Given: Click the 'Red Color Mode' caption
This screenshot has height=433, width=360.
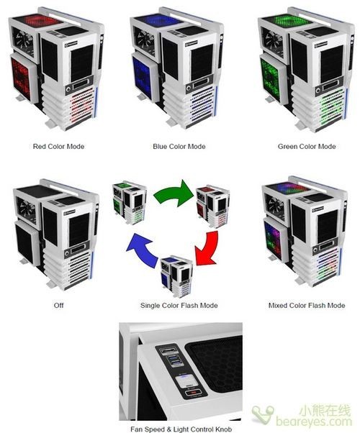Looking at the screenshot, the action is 58,146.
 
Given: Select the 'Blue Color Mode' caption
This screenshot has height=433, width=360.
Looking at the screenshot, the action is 179,146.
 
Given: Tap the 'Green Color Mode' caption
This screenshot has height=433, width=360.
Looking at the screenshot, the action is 307,146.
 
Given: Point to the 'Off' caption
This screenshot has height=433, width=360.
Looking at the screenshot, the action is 58,305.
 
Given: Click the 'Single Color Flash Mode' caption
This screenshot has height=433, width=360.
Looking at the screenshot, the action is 179,306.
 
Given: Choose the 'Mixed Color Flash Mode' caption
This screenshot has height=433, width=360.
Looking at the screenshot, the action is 307,306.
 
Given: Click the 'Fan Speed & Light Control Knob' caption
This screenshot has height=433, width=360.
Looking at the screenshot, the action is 181,429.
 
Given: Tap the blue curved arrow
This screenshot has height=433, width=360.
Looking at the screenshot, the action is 144,250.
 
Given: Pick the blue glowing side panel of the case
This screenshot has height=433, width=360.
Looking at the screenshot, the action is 143,78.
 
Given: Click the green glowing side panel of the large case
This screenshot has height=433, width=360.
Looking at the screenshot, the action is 271,78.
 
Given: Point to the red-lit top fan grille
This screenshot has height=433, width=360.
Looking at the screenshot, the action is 38,21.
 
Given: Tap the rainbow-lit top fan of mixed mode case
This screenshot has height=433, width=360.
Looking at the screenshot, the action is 289,188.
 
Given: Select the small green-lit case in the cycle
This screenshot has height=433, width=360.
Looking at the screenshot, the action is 130,202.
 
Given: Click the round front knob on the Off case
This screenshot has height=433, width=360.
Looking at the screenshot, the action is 67,253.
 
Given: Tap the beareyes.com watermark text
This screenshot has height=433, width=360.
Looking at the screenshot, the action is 314,421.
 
